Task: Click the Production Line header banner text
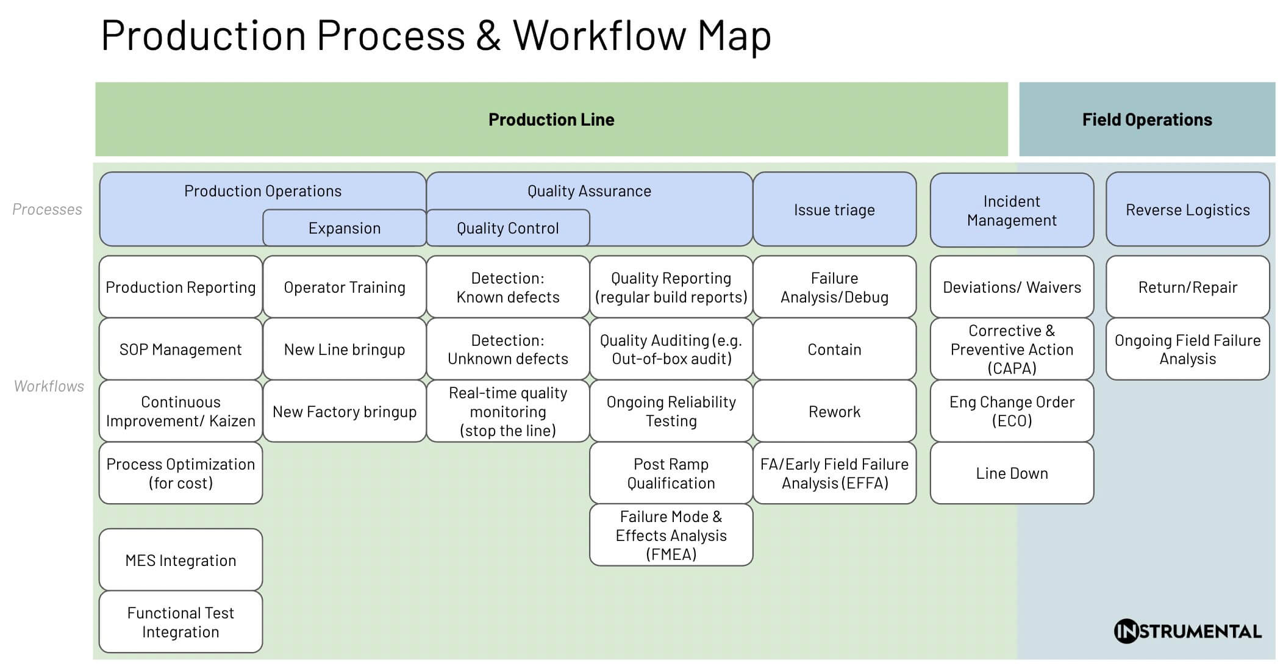(551, 120)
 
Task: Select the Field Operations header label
(1146, 120)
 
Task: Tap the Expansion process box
(344, 228)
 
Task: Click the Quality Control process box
(507, 228)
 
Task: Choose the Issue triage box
(834, 210)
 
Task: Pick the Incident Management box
(1011, 210)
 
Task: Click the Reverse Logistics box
(1187, 210)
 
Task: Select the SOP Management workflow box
(180, 349)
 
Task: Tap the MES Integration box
(180, 560)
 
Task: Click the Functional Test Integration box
(180, 622)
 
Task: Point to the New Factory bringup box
(344, 412)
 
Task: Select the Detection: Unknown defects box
(507, 349)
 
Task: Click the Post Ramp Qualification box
(671, 473)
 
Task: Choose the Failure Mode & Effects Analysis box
(671, 535)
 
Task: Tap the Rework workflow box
(834, 412)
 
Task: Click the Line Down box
(1011, 473)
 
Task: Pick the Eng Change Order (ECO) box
(1011, 411)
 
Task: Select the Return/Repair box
(1187, 287)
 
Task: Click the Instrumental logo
(1187, 631)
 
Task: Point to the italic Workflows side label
(49, 386)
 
